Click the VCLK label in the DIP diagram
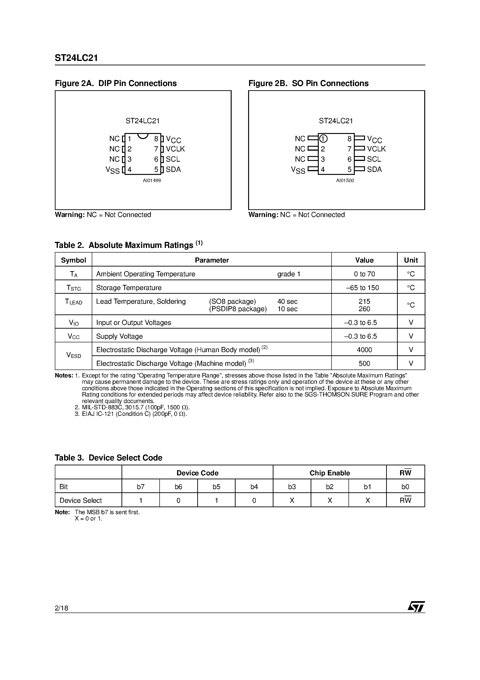(175, 149)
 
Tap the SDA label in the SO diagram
(374, 169)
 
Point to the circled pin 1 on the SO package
(323, 139)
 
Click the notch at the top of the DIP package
(143, 136)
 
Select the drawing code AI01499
(152, 180)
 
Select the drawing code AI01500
(345, 180)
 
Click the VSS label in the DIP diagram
(112, 170)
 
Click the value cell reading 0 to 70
(364, 274)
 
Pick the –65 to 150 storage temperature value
(364, 288)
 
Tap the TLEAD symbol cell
(73, 302)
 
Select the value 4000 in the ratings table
(364, 350)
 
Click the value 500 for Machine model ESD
(364, 363)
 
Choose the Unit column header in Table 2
(411, 260)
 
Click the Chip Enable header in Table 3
(330, 473)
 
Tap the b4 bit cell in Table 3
(254, 487)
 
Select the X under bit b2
(330, 500)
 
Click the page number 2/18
(62, 608)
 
